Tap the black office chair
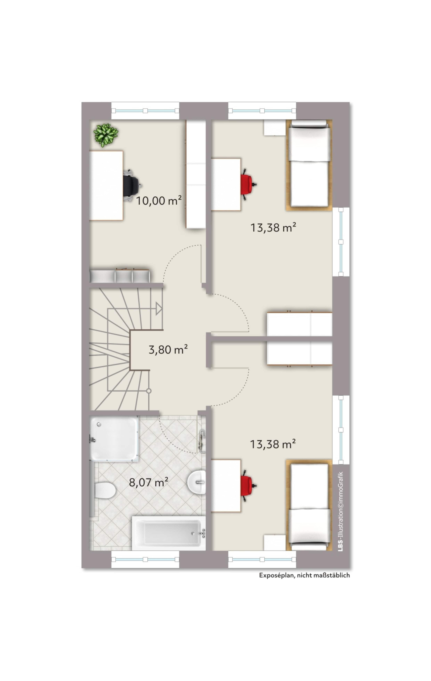click(x=132, y=185)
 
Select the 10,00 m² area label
click(x=159, y=200)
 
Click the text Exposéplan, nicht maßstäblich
click(x=304, y=575)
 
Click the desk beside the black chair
click(x=106, y=186)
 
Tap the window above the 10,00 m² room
click(x=145, y=111)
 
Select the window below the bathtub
click(x=145, y=559)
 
